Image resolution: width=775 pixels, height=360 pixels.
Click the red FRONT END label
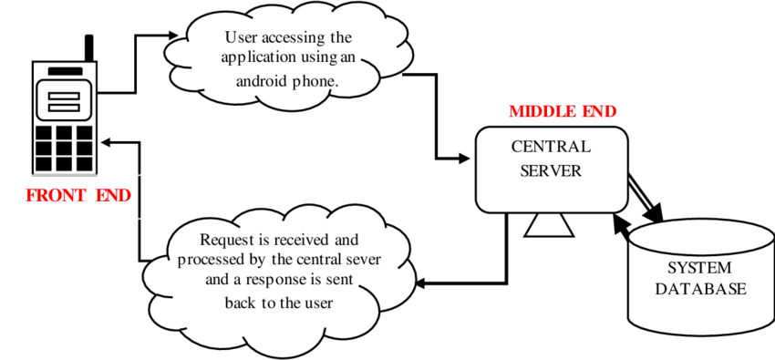(x=77, y=196)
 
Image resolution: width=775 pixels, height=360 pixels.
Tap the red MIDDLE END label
(x=563, y=112)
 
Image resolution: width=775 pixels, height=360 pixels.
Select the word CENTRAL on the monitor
(x=550, y=147)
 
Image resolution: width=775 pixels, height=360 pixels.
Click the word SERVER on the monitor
(x=551, y=170)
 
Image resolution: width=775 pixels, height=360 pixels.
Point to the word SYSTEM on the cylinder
(x=700, y=269)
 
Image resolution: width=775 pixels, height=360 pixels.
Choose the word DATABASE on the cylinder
(x=700, y=290)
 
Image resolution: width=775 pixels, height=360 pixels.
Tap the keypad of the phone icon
(x=64, y=146)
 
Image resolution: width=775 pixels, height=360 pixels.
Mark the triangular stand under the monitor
(x=550, y=224)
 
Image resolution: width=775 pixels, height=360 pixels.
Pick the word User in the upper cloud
(x=241, y=38)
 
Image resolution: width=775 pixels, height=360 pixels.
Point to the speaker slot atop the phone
(x=64, y=71)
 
